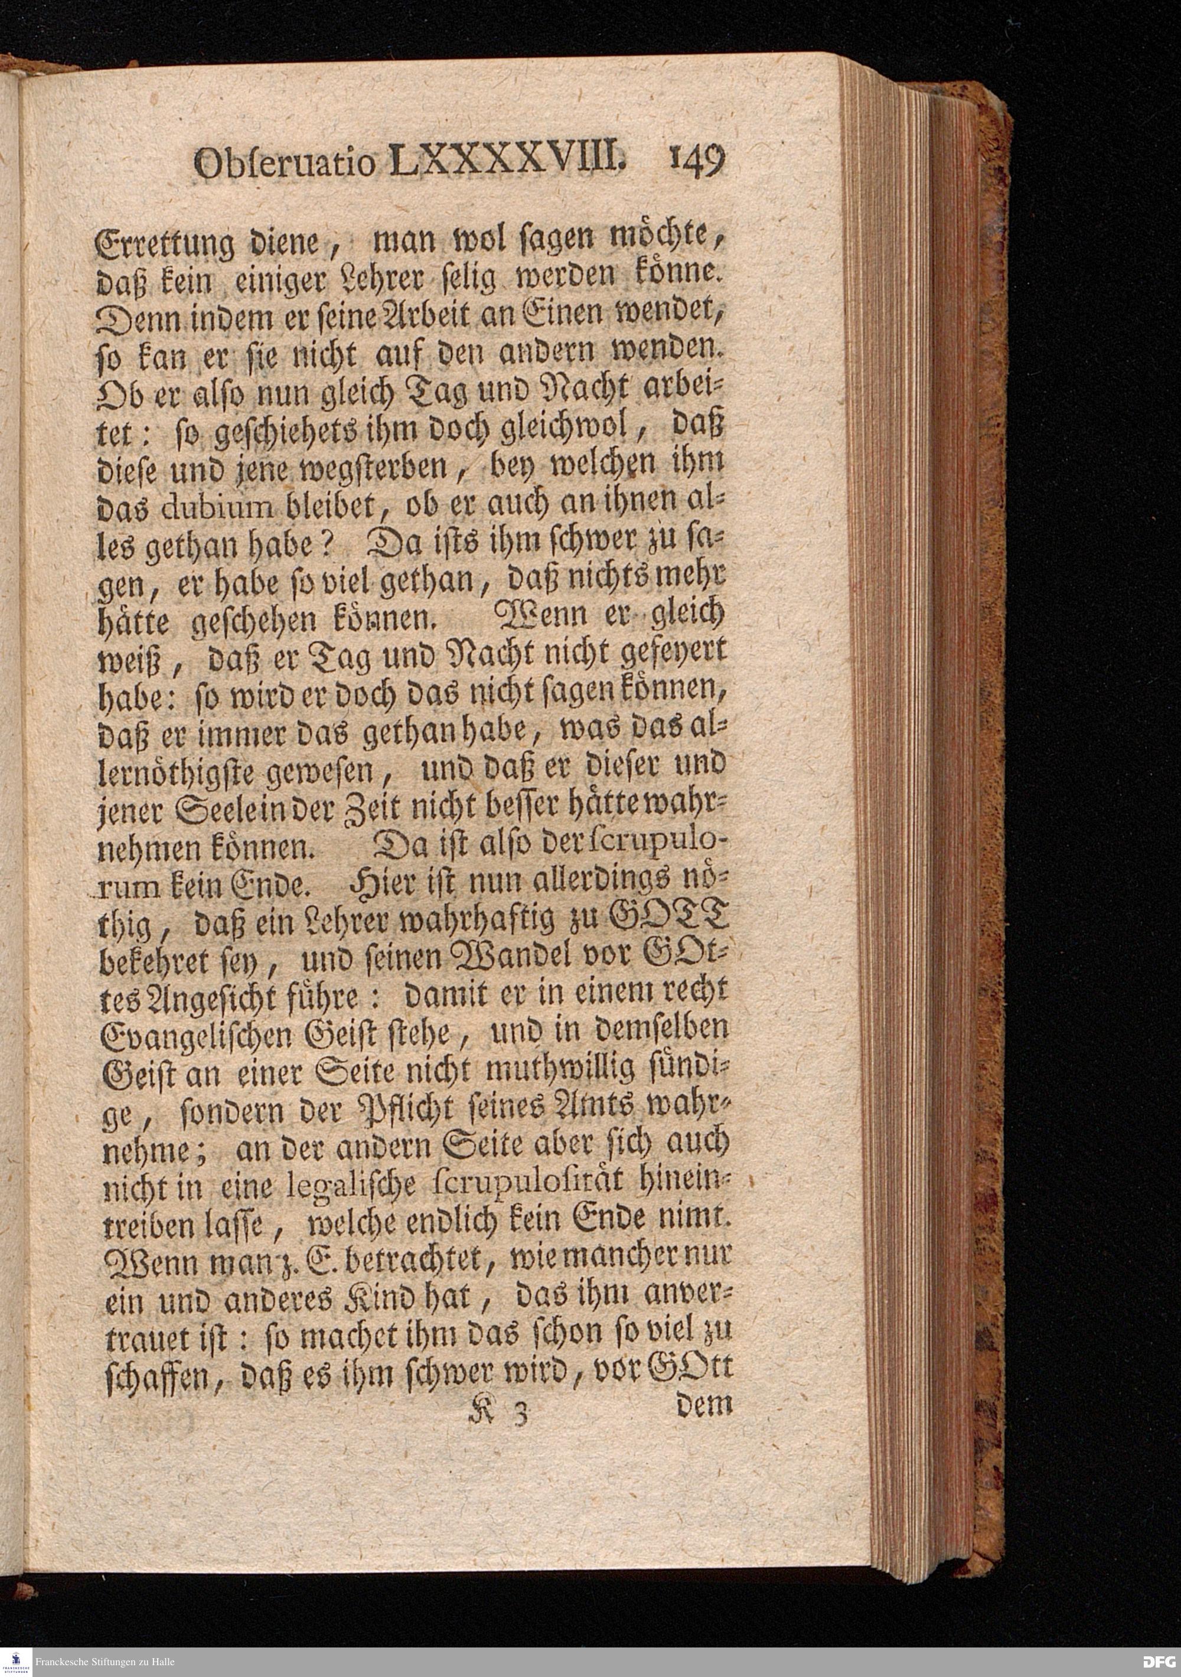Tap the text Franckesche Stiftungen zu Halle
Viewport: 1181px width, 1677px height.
point(105,1662)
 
